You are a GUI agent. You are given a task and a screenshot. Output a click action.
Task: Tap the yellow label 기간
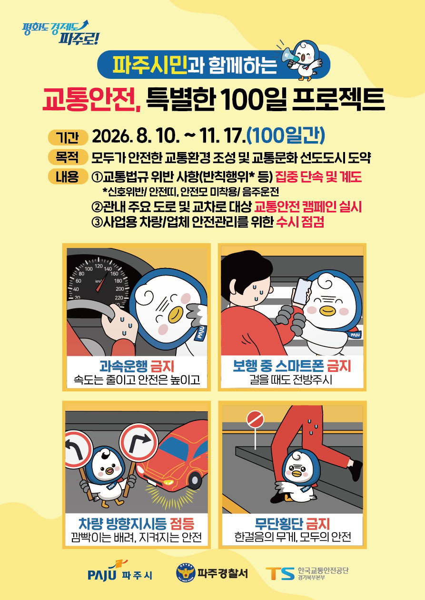tap(68, 138)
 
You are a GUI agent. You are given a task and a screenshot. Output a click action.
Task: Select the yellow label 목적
tap(68, 157)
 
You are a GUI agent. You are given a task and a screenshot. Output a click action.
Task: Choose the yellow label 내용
tap(68, 177)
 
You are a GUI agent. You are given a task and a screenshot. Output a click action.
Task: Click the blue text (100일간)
tap(286, 136)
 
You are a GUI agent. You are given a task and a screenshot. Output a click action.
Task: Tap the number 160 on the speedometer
tap(114, 274)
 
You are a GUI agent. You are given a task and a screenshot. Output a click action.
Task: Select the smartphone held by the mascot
tap(302, 291)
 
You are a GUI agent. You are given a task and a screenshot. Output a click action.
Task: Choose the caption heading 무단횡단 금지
tap(292, 524)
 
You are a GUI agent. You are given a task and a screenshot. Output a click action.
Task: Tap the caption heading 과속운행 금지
tap(137, 366)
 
